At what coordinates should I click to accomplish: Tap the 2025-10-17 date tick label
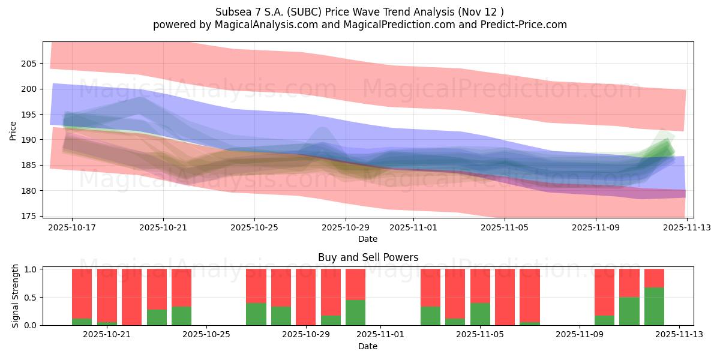coord(72,227)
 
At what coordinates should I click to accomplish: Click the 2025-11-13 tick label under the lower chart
coord(679,335)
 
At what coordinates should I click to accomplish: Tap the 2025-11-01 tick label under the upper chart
coord(413,227)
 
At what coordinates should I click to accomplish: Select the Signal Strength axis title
coord(16,296)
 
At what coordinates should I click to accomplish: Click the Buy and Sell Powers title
coord(368,257)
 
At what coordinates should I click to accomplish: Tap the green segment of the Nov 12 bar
coord(654,306)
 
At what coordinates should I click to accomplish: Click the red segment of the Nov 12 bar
coord(654,278)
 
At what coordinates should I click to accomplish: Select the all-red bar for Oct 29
coord(305,297)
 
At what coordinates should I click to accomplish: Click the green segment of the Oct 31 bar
coord(355,313)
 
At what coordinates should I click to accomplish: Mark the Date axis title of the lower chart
coord(368,346)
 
